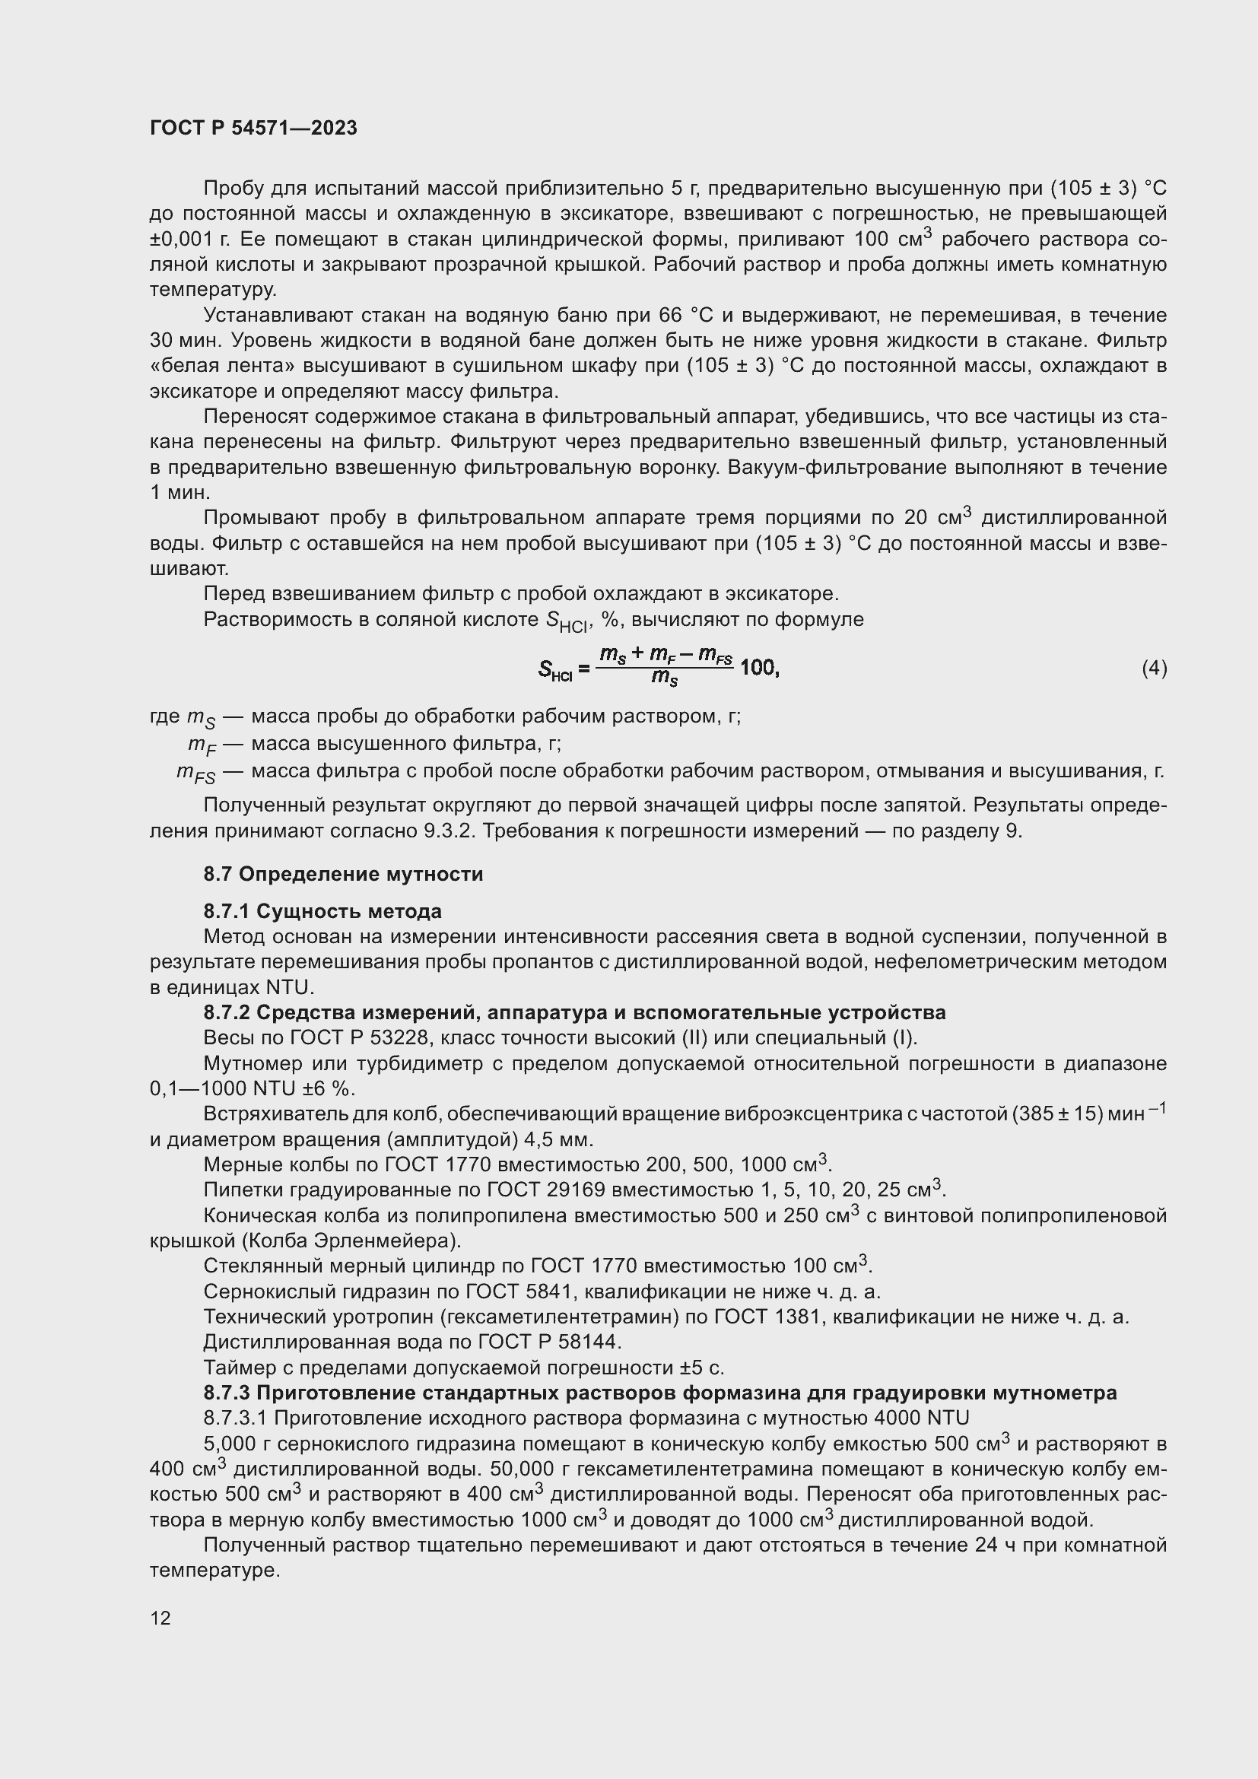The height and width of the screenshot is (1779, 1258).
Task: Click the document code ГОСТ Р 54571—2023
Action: click(253, 128)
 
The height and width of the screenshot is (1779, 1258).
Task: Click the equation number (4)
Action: click(1154, 668)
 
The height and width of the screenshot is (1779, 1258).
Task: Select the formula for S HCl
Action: click(659, 667)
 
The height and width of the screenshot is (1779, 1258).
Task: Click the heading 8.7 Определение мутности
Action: click(343, 874)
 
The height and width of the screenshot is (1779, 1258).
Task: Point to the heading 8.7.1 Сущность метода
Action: click(322, 910)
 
